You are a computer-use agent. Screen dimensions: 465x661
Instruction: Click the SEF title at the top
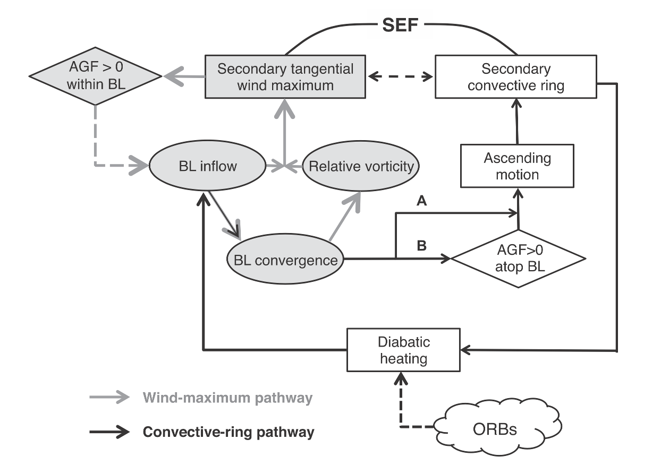tap(401, 25)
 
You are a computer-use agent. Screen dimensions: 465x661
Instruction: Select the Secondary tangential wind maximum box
tap(285, 77)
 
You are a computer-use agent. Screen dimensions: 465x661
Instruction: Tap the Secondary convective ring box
tap(515, 77)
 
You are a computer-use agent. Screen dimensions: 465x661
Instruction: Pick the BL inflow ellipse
tap(208, 166)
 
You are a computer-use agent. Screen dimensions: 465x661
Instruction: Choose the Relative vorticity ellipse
tap(361, 166)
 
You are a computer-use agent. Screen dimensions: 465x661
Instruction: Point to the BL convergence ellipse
tap(285, 260)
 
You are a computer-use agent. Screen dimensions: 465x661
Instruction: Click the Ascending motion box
tap(517, 166)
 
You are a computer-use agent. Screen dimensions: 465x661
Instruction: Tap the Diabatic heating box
tap(403, 350)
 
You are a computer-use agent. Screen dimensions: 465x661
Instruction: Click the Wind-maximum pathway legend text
tap(227, 398)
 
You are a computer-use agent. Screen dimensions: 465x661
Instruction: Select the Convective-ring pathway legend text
tap(228, 432)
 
